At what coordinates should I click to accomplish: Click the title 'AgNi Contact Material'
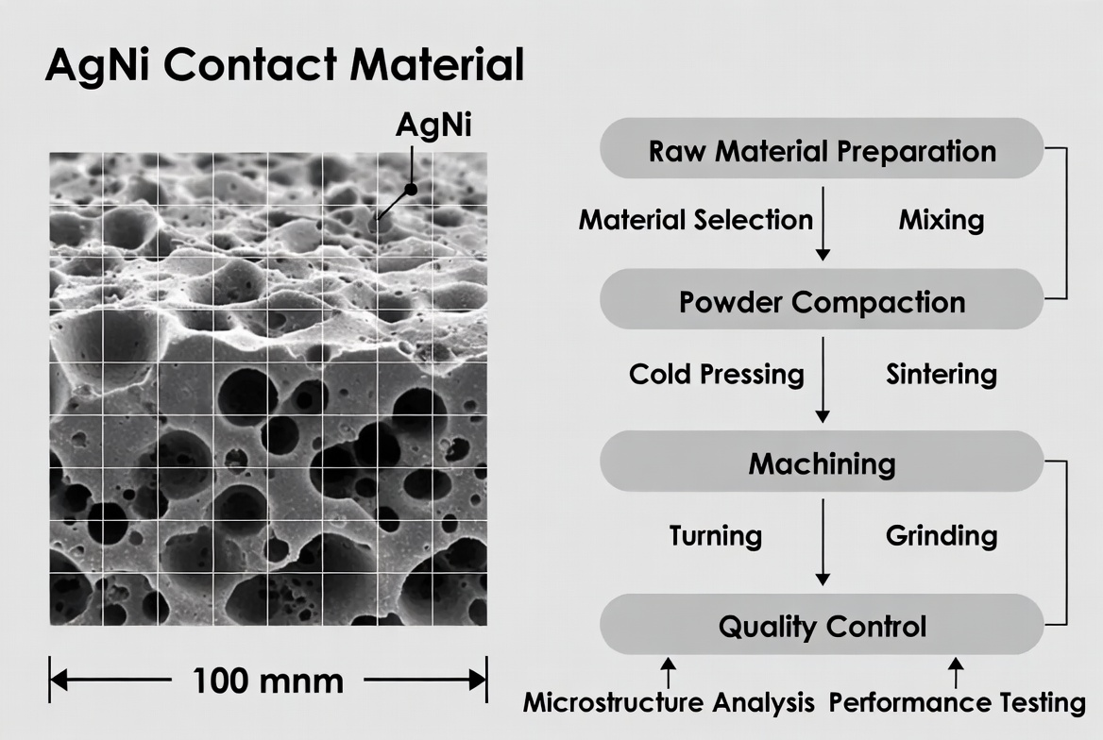284,67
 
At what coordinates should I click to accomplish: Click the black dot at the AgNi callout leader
411,189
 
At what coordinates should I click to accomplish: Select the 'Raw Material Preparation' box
822,151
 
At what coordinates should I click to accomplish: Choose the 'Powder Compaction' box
822,302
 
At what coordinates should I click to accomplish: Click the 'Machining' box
822,463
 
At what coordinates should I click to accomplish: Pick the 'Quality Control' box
822,626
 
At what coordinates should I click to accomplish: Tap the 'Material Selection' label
695,220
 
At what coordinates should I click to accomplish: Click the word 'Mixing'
941,220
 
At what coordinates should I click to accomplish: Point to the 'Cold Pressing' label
716,374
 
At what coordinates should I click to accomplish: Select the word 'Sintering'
941,374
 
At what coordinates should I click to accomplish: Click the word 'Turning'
715,535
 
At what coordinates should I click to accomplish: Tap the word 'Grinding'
941,535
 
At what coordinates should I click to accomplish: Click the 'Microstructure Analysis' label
669,702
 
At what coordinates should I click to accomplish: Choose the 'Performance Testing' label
957,702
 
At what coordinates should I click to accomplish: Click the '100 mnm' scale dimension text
268,681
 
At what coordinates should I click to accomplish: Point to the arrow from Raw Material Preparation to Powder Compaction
823,223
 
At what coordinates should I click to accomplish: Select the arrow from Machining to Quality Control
823,542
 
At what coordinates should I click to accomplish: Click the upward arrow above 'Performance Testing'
956,672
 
